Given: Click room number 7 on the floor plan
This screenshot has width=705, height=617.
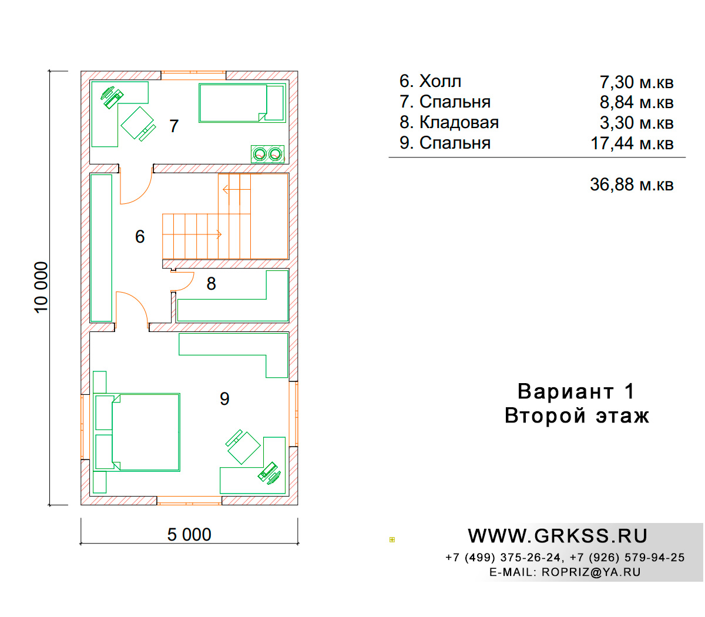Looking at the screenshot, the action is (x=174, y=126).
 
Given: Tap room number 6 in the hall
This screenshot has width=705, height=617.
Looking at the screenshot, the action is (x=140, y=236).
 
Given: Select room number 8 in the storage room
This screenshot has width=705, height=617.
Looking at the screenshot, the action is (x=211, y=283).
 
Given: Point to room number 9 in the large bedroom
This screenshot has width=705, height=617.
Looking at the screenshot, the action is (x=224, y=398).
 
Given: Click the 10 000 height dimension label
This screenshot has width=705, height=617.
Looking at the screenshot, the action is (x=41, y=287).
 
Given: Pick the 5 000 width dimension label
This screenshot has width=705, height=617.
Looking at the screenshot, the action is (x=189, y=535).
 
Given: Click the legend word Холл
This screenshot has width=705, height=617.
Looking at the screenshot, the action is (x=440, y=81).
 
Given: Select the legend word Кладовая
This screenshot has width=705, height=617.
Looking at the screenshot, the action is (x=459, y=122).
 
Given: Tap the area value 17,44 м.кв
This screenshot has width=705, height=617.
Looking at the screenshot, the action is (x=632, y=143).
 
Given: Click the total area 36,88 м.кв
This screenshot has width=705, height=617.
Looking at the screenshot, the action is (x=632, y=185).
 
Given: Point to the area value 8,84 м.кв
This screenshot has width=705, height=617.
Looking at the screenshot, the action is (x=636, y=102).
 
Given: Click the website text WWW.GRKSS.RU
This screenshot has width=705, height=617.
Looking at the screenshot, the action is (x=558, y=536).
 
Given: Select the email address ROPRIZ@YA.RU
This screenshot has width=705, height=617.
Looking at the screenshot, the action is (x=591, y=572).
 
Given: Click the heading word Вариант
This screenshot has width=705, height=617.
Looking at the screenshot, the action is (x=566, y=391).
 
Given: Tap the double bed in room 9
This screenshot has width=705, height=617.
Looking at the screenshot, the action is (x=137, y=432).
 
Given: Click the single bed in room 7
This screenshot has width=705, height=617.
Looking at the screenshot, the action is (x=242, y=103).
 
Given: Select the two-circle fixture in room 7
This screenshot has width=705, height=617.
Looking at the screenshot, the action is (x=267, y=154).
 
